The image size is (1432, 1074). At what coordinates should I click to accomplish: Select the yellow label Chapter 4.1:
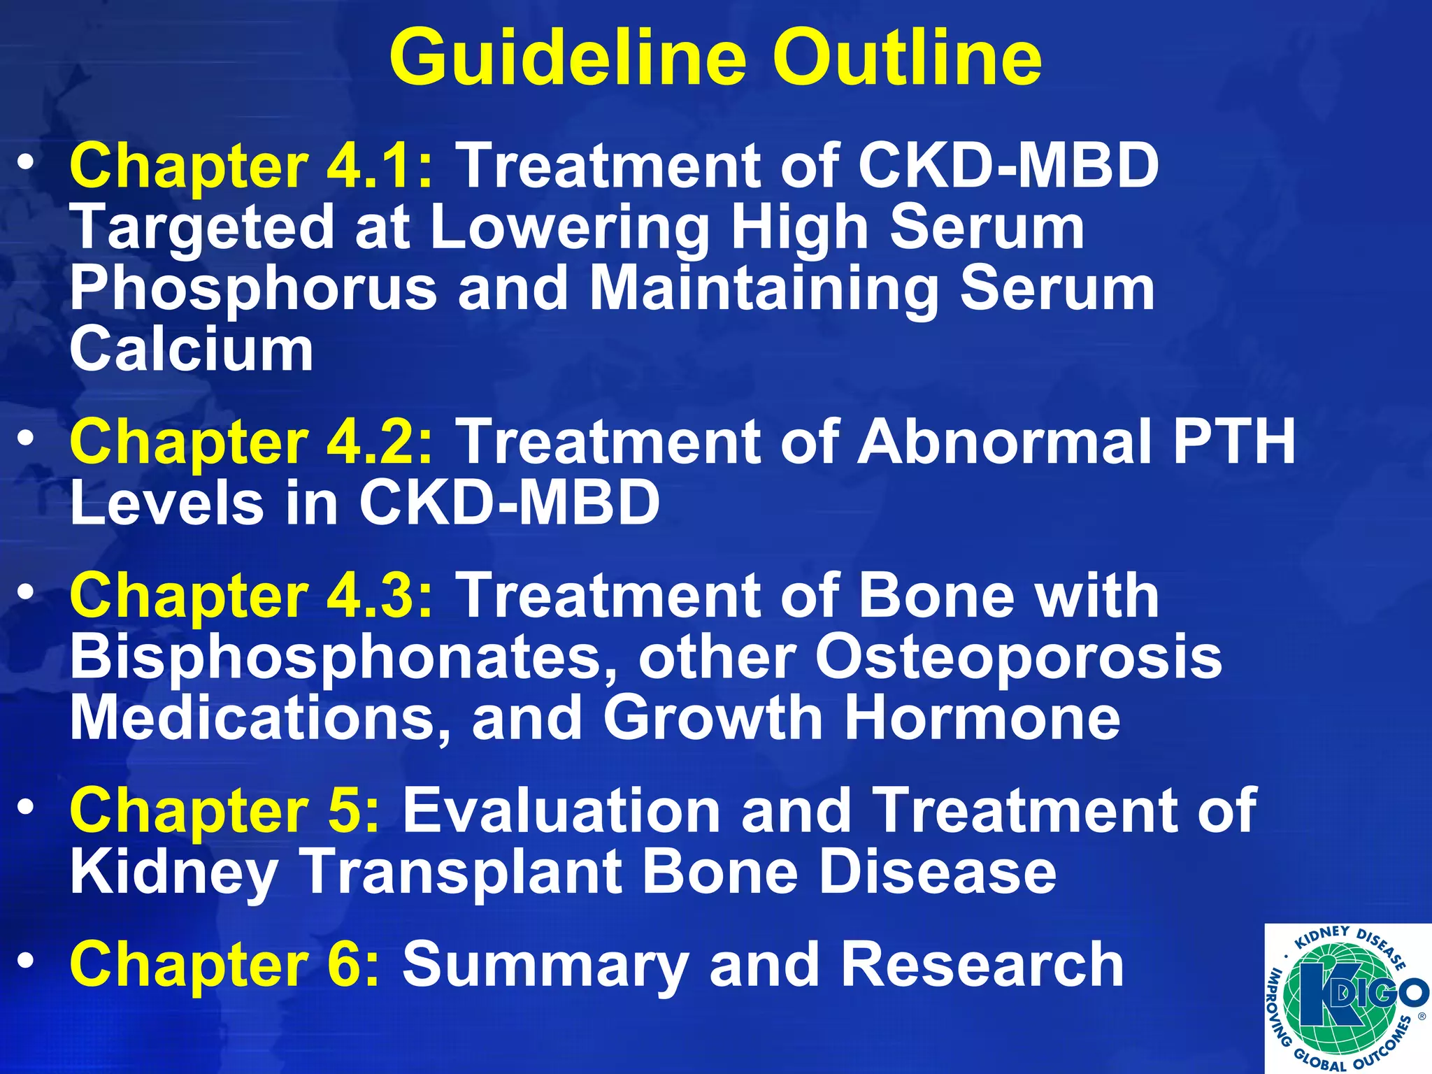tap(252, 166)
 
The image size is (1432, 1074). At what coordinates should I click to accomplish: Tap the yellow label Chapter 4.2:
tap(252, 442)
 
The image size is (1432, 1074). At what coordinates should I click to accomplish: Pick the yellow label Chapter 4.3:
tap(252, 596)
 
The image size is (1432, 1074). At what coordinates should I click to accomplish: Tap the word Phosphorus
tap(253, 289)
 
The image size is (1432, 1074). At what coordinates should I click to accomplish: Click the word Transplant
tap(461, 873)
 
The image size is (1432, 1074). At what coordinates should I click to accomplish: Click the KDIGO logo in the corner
tap(1347, 998)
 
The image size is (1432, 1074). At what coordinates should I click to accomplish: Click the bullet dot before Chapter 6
tap(26, 961)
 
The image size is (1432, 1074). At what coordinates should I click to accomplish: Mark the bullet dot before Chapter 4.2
tap(26, 438)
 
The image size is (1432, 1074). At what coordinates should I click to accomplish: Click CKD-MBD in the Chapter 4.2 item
tap(509, 503)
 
